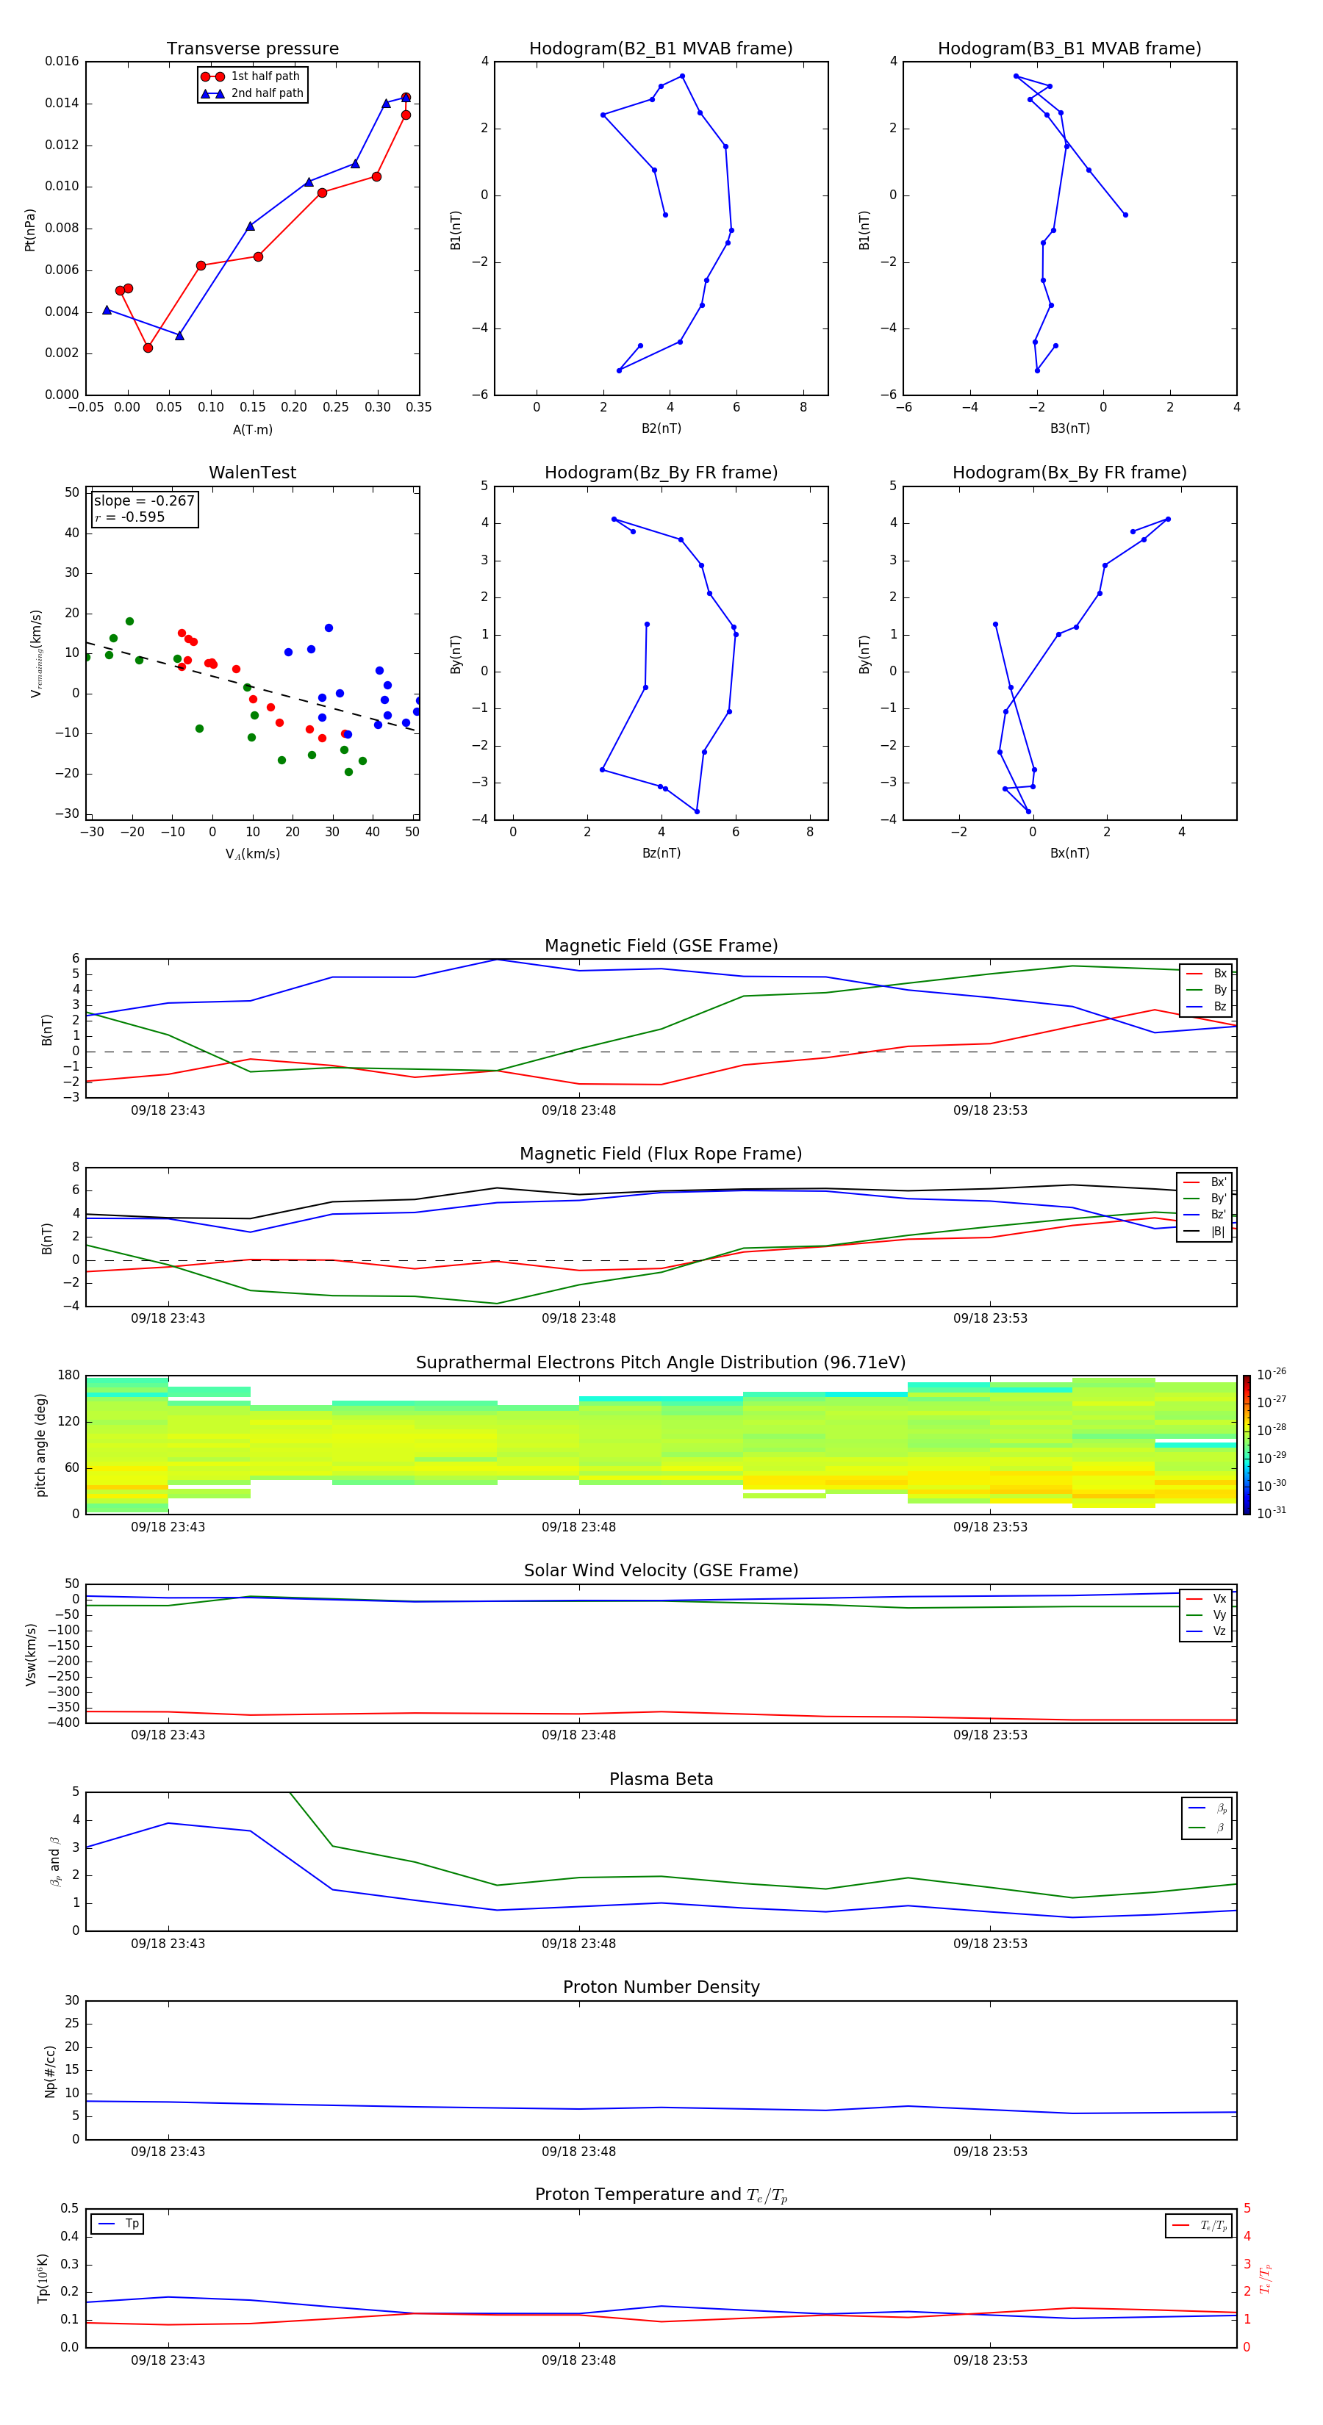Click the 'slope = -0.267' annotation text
click(x=144, y=501)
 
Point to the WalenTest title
click(x=252, y=473)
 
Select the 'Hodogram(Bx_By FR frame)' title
click(x=1069, y=473)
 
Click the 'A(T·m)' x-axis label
click(x=252, y=430)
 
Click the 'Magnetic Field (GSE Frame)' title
click(x=660, y=946)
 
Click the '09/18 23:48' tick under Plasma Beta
click(x=578, y=1943)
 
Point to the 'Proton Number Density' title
click(x=660, y=1987)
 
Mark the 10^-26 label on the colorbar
click(x=1270, y=1374)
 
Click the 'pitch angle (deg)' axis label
click(x=40, y=1444)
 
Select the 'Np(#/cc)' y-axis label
click(x=50, y=2071)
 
